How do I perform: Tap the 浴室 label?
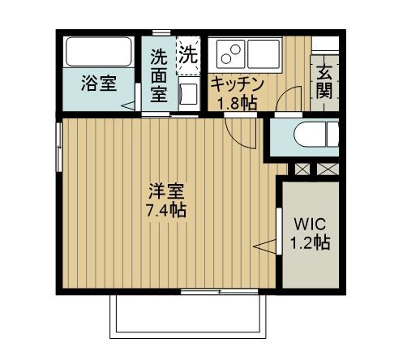tap(98, 84)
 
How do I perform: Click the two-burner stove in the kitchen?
tap(229, 54)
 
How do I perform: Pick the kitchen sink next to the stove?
tap(264, 54)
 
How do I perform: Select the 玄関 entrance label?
tap(324, 81)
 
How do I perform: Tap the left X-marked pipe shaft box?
tap(302, 169)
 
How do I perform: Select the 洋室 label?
tap(165, 192)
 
